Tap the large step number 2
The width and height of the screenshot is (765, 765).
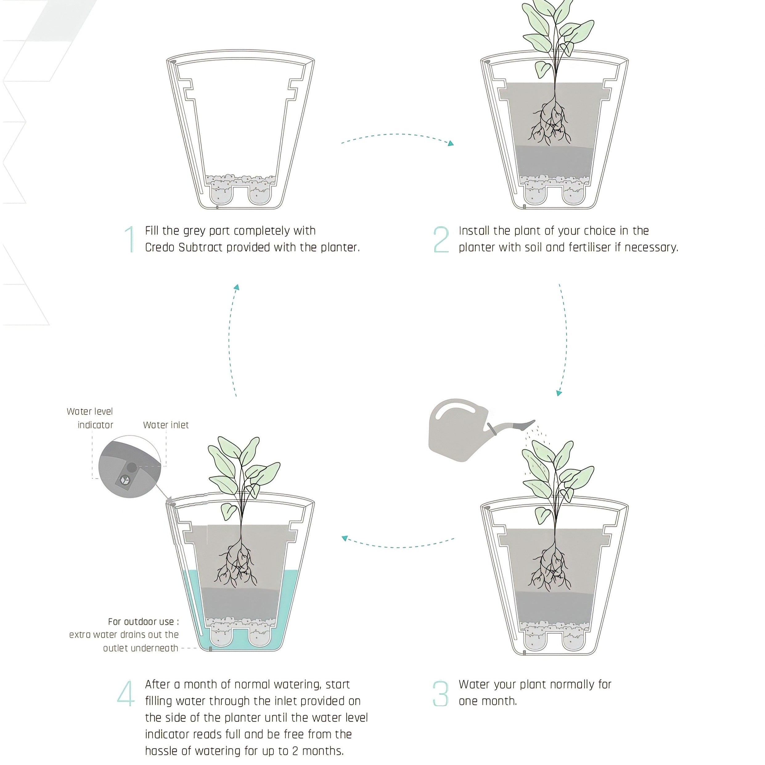(x=441, y=239)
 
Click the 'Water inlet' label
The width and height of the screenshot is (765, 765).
(x=166, y=425)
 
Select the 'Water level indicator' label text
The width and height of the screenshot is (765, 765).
(x=90, y=418)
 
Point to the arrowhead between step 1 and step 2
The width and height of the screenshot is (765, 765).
(x=451, y=143)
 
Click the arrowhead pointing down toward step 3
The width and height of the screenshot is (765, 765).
(x=559, y=393)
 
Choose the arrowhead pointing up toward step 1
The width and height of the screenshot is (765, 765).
(x=236, y=287)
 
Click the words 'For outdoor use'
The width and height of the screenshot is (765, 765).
(x=141, y=622)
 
